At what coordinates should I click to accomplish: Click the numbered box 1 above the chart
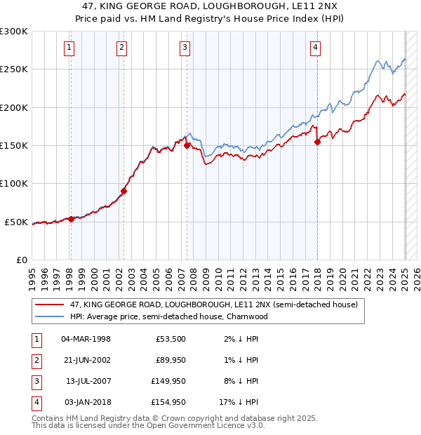point(70,48)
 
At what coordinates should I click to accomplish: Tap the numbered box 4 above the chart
point(316,48)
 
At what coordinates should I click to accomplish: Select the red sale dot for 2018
point(317,142)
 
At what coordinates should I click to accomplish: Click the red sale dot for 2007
point(187,145)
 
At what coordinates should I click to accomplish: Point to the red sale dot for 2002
point(123,191)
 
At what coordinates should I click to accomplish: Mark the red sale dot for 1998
point(71,219)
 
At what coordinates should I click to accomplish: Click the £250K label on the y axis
point(14,69)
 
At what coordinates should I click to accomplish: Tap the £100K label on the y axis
point(14,184)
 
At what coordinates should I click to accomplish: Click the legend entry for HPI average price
point(168,316)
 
